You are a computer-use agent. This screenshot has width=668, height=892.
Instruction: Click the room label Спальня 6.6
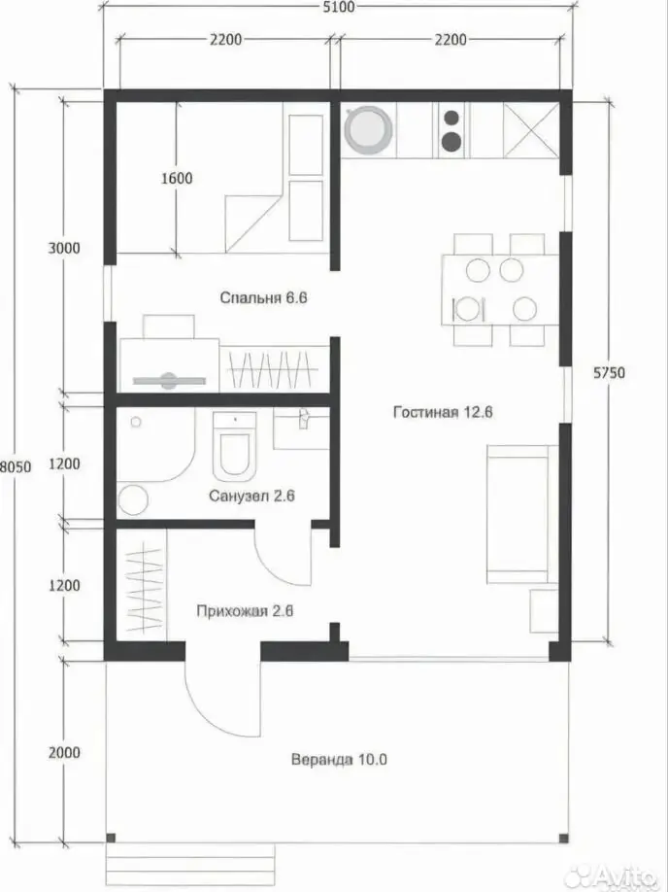[264, 297]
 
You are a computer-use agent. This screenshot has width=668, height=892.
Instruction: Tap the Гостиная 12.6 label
[443, 412]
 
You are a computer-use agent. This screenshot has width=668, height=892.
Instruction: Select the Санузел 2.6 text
[251, 496]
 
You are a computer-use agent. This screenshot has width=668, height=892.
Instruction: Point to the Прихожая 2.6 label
[245, 611]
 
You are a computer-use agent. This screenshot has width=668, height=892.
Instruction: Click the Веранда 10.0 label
[339, 760]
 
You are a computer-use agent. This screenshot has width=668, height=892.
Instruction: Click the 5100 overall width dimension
[338, 7]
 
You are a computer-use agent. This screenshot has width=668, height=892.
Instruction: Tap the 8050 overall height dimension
[16, 466]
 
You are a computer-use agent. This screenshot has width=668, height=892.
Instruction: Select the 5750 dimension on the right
[609, 372]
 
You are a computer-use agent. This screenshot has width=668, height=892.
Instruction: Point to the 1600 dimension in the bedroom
[177, 178]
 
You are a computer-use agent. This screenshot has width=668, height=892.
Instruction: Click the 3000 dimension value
[64, 248]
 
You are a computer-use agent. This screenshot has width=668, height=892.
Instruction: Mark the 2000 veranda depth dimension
[64, 753]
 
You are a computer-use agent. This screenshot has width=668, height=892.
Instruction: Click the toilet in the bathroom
[234, 447]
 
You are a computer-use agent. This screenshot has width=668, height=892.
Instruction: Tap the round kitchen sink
[369, 130]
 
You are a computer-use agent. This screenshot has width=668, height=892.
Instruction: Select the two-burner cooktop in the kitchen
[451, 130]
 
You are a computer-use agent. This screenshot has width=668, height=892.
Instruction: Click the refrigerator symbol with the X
[531, 130]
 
